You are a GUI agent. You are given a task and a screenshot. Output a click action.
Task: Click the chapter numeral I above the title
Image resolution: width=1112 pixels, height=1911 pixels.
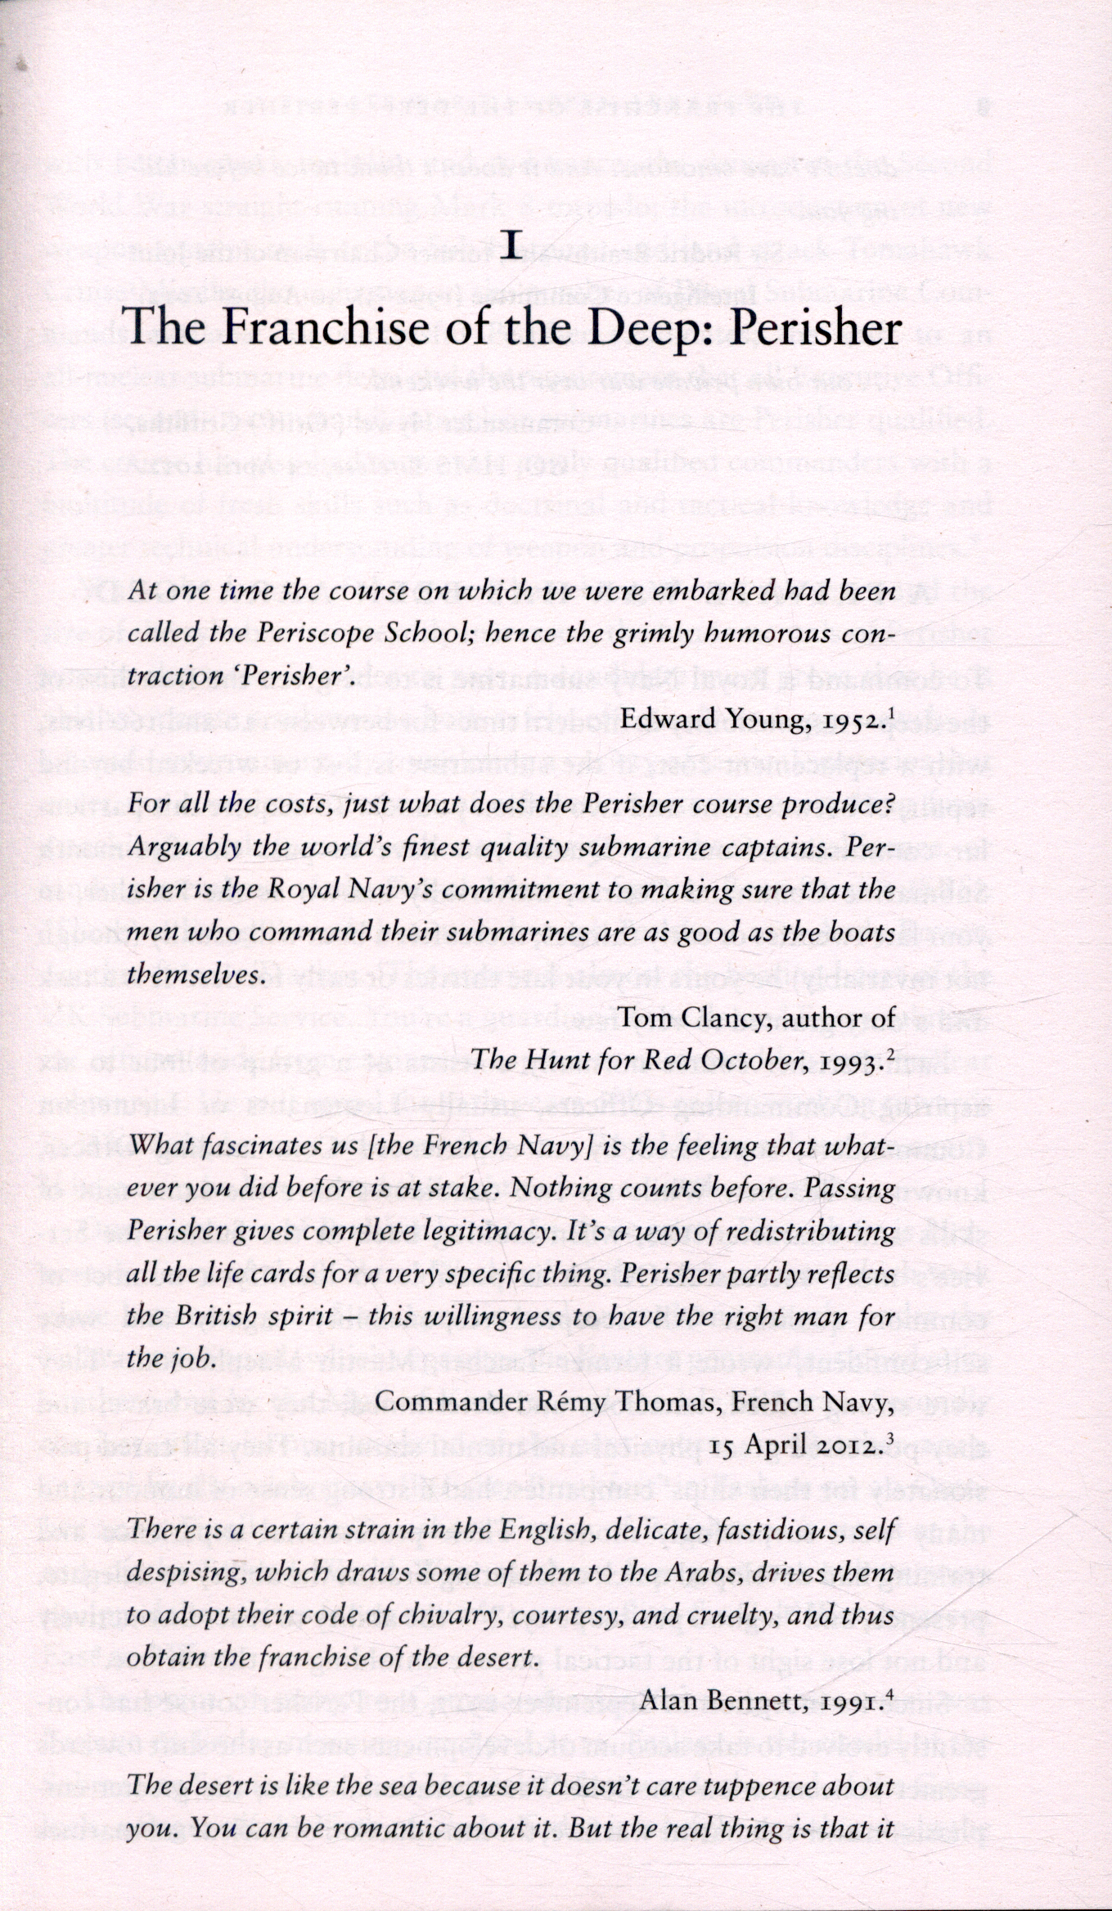(511, 245)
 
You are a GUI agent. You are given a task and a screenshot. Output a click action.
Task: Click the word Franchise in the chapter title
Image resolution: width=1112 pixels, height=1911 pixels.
(314, 328)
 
